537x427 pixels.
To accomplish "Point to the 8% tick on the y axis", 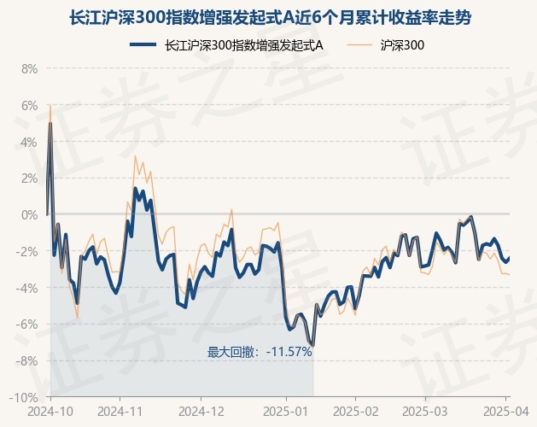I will pos(28,68).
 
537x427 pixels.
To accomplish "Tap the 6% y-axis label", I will pos(28,105).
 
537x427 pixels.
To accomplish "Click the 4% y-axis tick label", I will pos(28,142).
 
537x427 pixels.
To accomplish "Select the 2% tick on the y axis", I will pos(28,178).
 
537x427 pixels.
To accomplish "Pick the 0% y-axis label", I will pos(28,214).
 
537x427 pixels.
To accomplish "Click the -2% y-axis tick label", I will pos(26,251).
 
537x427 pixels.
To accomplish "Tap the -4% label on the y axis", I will pos(26,288).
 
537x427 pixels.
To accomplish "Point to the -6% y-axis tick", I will pos(26,325).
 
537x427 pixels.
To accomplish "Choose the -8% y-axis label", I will pos(26,361).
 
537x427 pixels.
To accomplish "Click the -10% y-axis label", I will pos(24,397).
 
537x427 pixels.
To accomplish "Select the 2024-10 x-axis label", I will pos(50,411).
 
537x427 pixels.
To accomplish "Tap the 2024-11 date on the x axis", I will pos(120,411).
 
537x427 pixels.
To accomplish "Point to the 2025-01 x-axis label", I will pos(286,411).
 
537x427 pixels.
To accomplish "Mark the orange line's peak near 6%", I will pos(50,106).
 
